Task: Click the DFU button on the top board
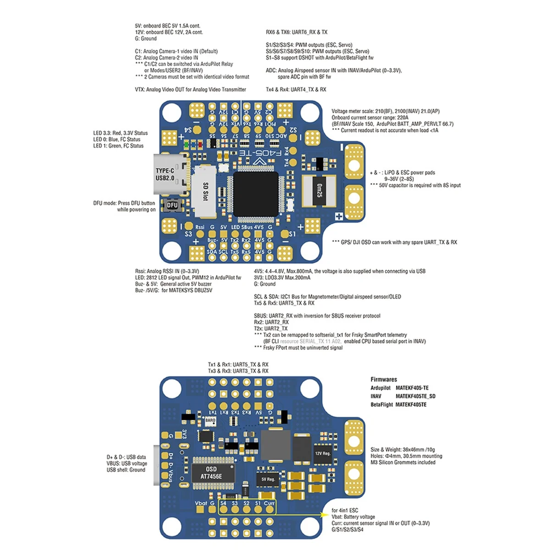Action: point(172,205)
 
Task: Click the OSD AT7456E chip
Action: point(211,473)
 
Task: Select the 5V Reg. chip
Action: point(268,479)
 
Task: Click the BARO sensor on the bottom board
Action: point(210,420)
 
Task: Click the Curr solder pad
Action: point(269,510)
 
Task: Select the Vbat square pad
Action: point(201,510)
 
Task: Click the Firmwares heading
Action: point(384,379)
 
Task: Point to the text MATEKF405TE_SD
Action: point(415,396)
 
